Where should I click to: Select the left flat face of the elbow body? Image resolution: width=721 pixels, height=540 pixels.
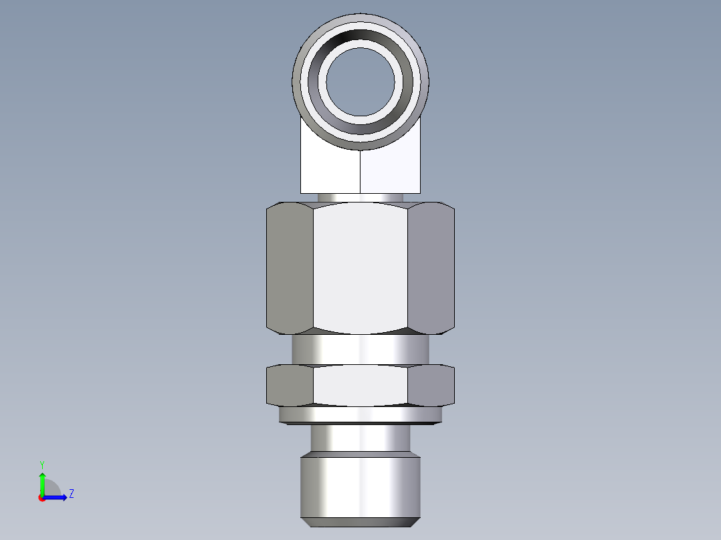[x=328, y=170]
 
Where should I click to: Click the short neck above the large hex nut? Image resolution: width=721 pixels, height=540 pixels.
[x=360, y=197]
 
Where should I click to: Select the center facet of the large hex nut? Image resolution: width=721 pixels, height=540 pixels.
[x=360, y=267]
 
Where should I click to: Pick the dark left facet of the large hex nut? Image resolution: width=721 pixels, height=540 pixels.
[x=290, y=267]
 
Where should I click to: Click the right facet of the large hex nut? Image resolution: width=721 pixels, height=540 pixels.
[x=431, y=267]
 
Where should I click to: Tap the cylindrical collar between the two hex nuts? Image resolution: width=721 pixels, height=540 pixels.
[x=360, y=349]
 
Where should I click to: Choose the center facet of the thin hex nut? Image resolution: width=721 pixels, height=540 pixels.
[x=360, y=386]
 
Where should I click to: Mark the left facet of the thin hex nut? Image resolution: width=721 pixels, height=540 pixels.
[x=290, y=386]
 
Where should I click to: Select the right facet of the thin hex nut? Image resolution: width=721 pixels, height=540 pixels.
[x=431, y=386]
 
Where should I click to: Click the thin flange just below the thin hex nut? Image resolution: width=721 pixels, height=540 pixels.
[x=360, y=416]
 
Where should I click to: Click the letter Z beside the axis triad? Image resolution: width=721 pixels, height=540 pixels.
[x=71, y=494]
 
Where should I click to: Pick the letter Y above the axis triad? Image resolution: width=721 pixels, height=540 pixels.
[x=42, y=464]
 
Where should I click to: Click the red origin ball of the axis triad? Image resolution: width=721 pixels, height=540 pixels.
[x=42, y=498]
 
